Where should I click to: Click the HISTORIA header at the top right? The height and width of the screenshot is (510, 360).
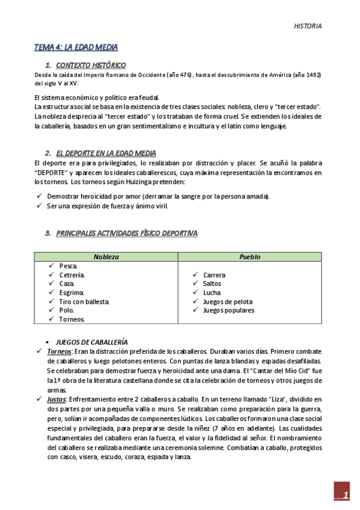click(307, 26)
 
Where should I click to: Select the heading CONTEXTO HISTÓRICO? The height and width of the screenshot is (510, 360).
click(91, 65)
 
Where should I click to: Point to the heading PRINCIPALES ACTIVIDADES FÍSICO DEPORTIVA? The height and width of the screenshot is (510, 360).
click(126, 233)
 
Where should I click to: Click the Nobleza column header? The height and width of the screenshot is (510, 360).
click(106, 257)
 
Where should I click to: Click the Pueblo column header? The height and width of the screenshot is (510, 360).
click(249, 257)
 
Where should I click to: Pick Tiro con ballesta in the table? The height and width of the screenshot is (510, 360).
click(84, 301)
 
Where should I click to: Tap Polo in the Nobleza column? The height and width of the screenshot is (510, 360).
click(66, 310)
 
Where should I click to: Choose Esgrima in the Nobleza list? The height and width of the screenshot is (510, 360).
click(72, 293)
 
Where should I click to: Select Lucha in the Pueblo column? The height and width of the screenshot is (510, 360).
click(212, 293)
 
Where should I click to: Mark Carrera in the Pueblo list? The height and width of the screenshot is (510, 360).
click(215, 275)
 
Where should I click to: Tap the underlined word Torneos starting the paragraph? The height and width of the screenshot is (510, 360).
click(59, 351)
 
